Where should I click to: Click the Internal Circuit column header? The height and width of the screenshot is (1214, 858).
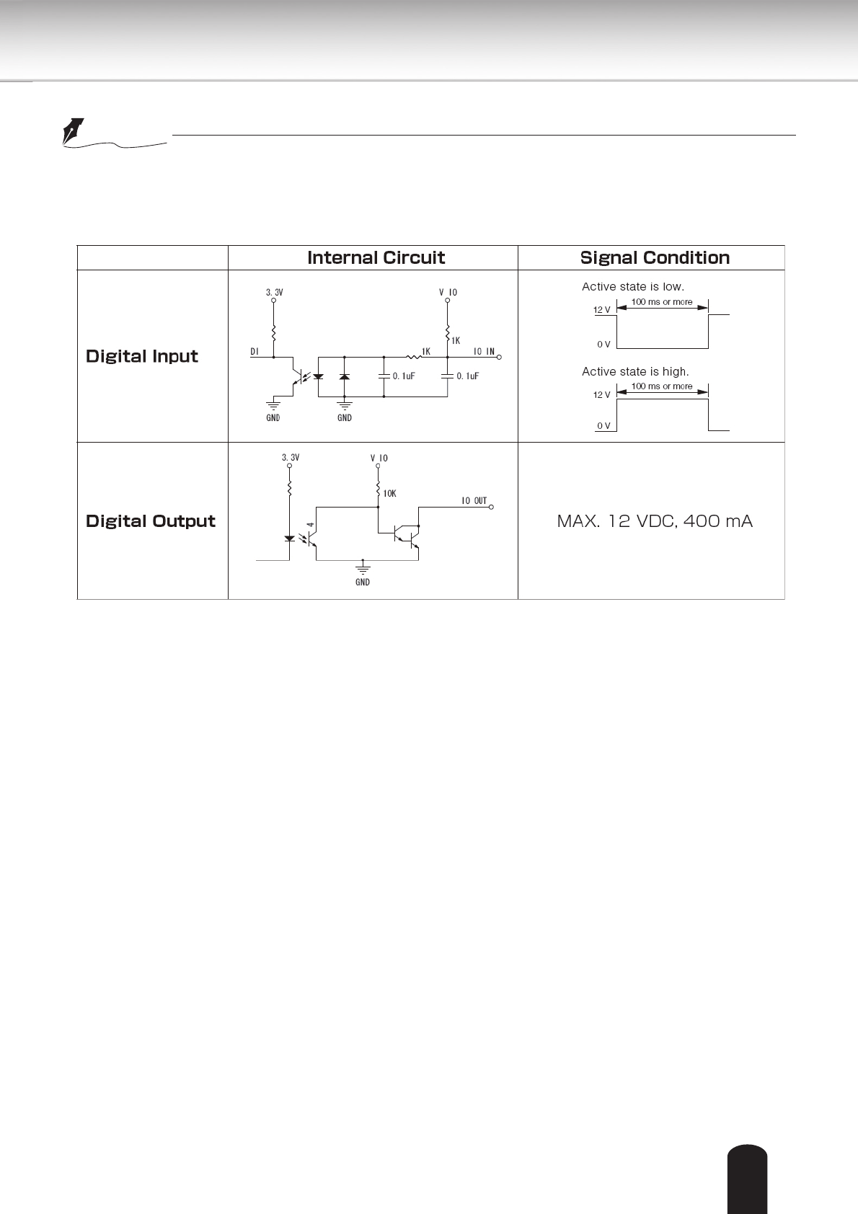[x=376, y=258]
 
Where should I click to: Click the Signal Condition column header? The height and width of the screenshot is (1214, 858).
[x=655, y=258]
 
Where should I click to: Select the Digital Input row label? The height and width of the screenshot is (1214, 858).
[x=142, y=356]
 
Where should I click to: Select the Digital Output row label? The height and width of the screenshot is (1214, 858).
[x=151, y=521]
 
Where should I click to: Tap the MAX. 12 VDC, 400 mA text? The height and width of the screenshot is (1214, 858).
[x=655, y=521]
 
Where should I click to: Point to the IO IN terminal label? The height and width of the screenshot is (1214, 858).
[x=484, y=352]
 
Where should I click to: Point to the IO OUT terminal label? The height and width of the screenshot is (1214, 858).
[x=474, y=501]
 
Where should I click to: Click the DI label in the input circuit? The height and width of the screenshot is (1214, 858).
[x=255, y=352]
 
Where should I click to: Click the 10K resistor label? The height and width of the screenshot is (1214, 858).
[x=389, y=494]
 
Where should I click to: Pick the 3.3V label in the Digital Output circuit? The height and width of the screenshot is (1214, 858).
[x=290, y=458]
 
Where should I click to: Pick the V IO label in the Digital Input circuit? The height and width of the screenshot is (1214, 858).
[x=448, y=293]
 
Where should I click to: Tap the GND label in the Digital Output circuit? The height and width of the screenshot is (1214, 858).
[x=363, y=582]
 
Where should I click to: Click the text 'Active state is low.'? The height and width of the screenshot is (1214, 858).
[x=633, y=287]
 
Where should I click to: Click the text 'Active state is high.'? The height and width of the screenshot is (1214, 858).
[x=635, y=372]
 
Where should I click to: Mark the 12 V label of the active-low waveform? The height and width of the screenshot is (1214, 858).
[x=601, y=310]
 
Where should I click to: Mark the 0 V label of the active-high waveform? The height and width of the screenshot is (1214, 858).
[x=603, y=426]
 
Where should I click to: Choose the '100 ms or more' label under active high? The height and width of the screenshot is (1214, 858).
[x=662, y=386]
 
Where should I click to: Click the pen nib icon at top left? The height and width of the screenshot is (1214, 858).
[x=73, y=131]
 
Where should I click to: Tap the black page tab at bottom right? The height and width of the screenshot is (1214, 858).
[x=748, y=1178]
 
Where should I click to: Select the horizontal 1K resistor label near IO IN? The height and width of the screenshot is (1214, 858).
[x=425, y=352]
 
